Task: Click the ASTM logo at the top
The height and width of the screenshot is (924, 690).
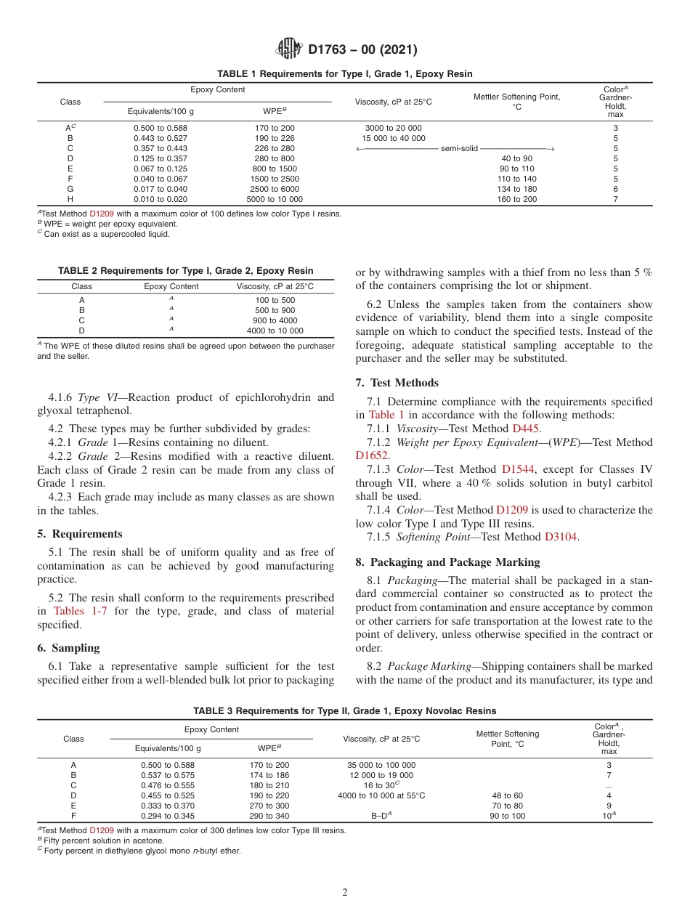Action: click(289, 49)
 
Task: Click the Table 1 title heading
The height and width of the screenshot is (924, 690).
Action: click(345, 74)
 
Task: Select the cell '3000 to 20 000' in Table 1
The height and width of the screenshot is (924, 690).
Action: click(393, 128)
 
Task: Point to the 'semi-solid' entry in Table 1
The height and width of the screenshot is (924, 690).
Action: click(459, 148)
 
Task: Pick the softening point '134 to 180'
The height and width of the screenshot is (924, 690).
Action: click(516, 189)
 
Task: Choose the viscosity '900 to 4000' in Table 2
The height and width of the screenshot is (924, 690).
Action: click(275, 320)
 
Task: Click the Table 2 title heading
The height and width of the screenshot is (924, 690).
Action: click(186, 271)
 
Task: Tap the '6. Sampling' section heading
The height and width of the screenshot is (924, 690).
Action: click(68, 647)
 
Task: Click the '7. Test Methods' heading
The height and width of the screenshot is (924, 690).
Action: click(397, 382)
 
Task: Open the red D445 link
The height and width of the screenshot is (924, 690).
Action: click(526, 429)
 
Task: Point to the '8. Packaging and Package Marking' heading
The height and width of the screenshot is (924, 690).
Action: click(447, 562)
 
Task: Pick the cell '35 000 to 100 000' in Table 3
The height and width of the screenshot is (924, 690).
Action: click(381, 765)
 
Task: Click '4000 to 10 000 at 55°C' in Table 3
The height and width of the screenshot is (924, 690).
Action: click(381, 795)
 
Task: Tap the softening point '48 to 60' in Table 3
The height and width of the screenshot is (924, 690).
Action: click(507, 795)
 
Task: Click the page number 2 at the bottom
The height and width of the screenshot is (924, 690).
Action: click(345, 893)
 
